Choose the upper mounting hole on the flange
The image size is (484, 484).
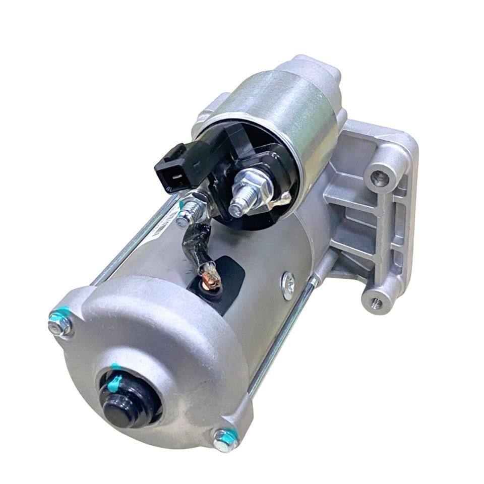pyautogui.click(x=380, y=178)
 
